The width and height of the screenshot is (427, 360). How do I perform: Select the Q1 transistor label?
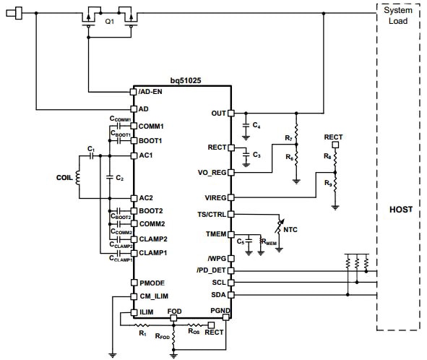pyautogui.click(x=110, y=22)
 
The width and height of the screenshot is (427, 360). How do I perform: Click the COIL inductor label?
pyautogui.click(x=64, y=176)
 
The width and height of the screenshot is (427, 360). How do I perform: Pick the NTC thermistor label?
pyautogui.click(x=290, y=229)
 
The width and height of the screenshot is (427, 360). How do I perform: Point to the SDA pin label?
pyautogui.click(x=217, y=295)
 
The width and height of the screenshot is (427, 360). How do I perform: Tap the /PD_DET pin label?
pyautogui.click(x=212, y=270)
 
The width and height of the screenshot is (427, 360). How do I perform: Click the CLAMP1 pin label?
pyautogui.click(x=154, y=252)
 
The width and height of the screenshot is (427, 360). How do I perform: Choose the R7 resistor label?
pyautogui.click(x=289, y=138)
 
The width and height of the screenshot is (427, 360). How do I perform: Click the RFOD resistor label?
pyautogui.click(x=162, y=336)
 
